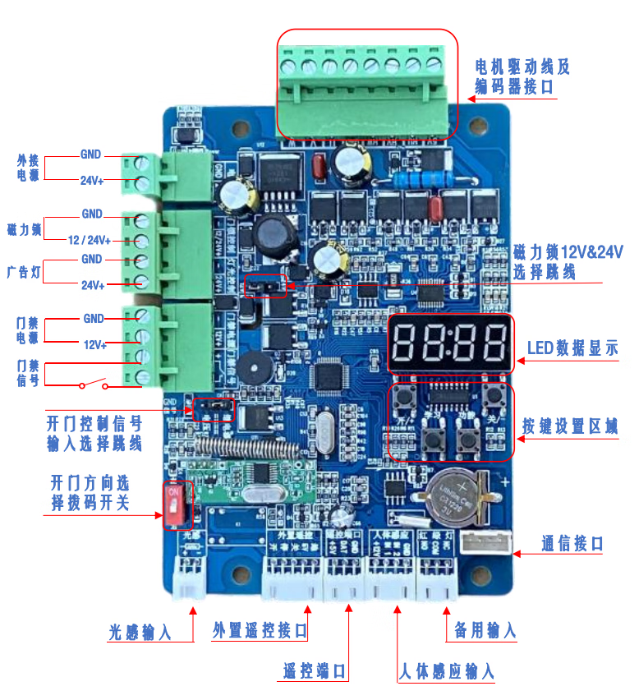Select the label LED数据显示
tap(572, 349)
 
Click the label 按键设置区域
tap(569, 426)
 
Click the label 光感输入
tap(140, 633)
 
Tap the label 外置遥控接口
tap(260, 630)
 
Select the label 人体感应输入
tap(446, 670)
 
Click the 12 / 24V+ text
tap(88, 239)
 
